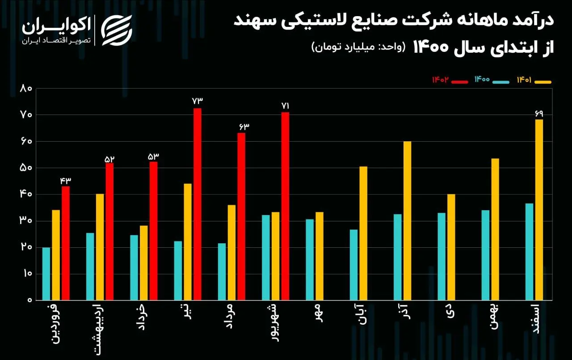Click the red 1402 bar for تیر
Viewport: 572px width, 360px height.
198,203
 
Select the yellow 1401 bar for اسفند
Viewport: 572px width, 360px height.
539,209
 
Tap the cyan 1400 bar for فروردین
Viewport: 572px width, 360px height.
46,273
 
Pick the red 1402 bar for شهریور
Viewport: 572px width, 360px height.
285,206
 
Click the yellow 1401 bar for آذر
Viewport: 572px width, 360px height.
407,220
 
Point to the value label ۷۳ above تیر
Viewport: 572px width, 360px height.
198,102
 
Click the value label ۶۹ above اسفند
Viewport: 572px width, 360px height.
539,113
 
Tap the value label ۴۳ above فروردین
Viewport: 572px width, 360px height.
66,180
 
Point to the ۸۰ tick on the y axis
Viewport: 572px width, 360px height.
26,89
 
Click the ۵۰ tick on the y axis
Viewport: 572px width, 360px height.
26,168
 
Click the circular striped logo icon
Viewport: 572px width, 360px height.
117,30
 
